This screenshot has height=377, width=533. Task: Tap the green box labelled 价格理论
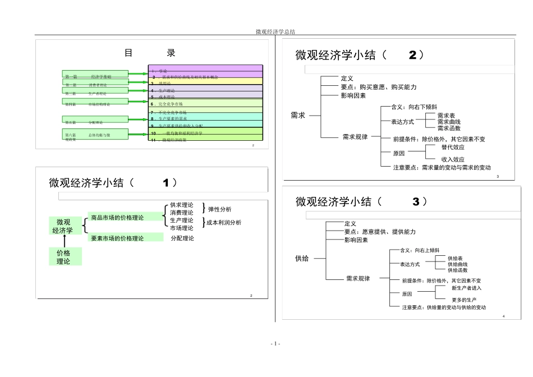(65, 256)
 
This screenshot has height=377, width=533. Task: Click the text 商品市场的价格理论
(117, 217)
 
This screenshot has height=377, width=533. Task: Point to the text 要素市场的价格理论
(117, 238)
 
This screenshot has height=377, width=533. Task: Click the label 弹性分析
(219, 209)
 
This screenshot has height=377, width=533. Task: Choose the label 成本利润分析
(224, 222)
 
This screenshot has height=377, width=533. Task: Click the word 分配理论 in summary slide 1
(182, 238)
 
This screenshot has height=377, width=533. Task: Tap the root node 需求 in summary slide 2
(298, 115)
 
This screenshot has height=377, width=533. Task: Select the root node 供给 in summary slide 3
(302, 259)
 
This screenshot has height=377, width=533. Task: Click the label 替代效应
(453, 148)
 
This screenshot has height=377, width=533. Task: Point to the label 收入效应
(453, 159)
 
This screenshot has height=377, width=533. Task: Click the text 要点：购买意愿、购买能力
(378, 87)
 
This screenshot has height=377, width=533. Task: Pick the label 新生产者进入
(466, 288)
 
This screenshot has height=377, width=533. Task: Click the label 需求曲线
(449, 122)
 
